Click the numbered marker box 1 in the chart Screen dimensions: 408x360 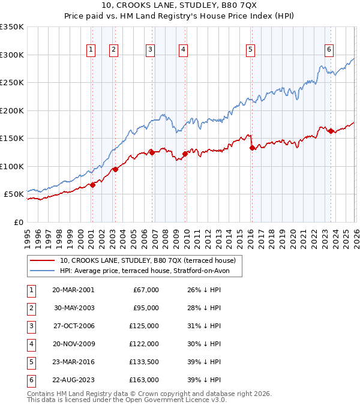tap(91, 50)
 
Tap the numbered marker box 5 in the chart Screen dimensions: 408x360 tap(250, 50)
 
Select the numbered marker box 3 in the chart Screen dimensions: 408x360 tap(150, 50)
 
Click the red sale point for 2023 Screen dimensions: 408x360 tap(331, 131)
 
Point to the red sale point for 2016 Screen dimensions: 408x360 tap(252, 148)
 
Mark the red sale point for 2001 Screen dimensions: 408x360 tap(92, 185)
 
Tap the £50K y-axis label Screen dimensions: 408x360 tap(14, 194)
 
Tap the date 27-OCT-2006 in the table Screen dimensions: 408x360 tap(73, 326)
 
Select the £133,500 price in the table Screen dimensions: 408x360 tap(144, 362)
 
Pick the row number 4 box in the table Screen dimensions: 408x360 tap(30, 344)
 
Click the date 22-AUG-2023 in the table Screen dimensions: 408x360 tap(73, 380)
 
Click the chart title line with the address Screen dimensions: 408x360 tap(180, 6)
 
